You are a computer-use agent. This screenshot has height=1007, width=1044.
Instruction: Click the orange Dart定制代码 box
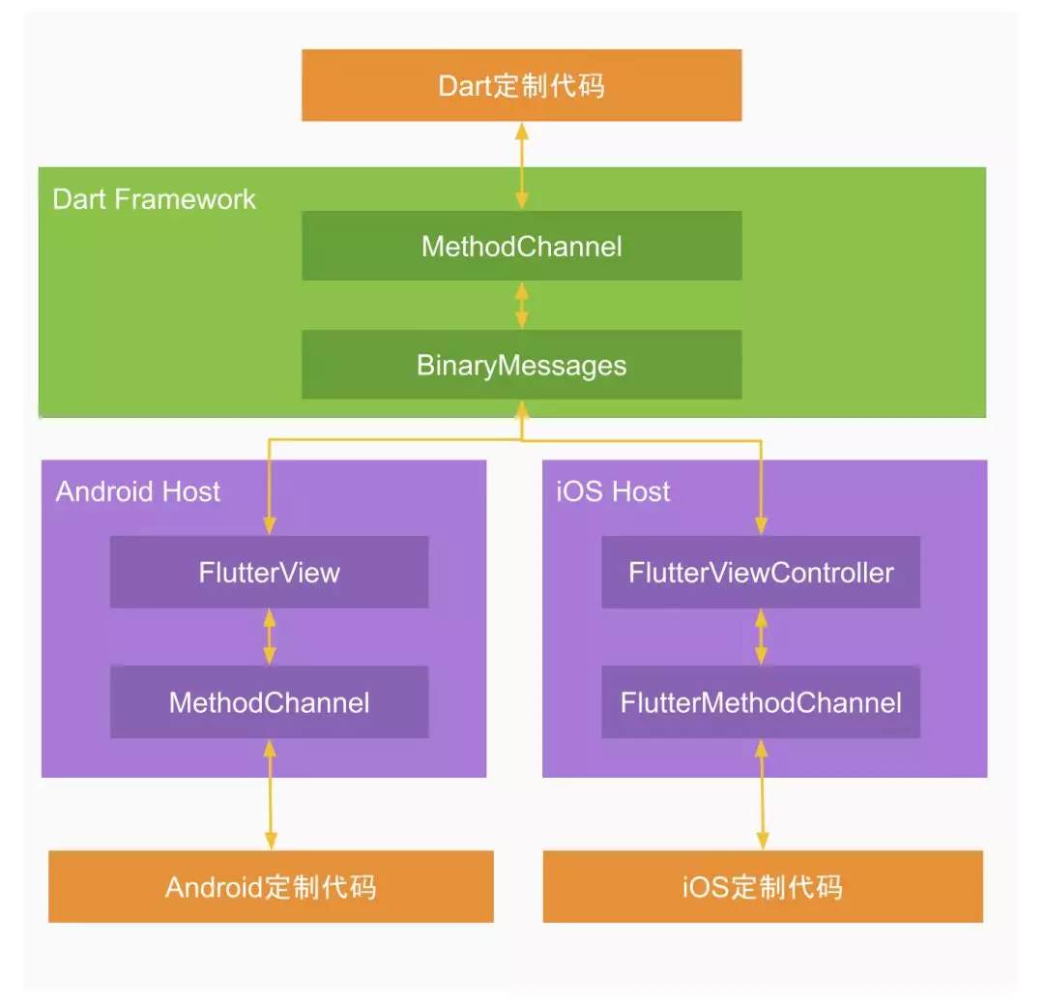tap(521, 85)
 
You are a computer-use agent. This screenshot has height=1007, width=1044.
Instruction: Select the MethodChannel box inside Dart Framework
tap(521, 246)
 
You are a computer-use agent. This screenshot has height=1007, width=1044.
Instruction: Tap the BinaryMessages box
tap(521, 365)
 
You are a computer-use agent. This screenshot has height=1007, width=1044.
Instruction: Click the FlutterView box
tap(269, 572)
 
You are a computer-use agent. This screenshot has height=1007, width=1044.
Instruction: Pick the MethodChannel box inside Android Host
tap(269, 701)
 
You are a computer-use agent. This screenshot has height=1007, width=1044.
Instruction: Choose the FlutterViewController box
tap(761, 572)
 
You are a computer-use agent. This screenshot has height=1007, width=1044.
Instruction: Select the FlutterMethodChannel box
tap(761, 701)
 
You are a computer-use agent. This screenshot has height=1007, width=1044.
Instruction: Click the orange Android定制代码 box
tap(271, 886)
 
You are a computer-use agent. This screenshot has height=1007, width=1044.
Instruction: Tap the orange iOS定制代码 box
tap(763, 886)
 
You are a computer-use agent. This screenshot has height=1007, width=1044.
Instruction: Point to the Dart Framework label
tap(155, 199)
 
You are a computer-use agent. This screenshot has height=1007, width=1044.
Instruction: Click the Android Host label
tap(138, 491)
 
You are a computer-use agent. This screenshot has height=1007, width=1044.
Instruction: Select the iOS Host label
tap(613, 491)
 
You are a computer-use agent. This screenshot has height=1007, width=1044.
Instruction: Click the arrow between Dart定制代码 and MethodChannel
tap(522, 165)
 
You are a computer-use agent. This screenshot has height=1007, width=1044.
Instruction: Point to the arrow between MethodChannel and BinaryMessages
tap(522, 305)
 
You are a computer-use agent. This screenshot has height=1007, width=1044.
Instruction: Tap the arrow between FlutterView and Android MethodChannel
tap(270, 637)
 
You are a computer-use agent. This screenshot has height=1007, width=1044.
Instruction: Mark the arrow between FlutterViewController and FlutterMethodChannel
tap(761, 637)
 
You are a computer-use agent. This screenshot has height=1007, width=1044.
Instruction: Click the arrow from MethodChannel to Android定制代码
tap(270, 794)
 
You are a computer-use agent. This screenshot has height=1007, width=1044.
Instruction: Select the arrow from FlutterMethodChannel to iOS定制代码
tap(762, 794)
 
